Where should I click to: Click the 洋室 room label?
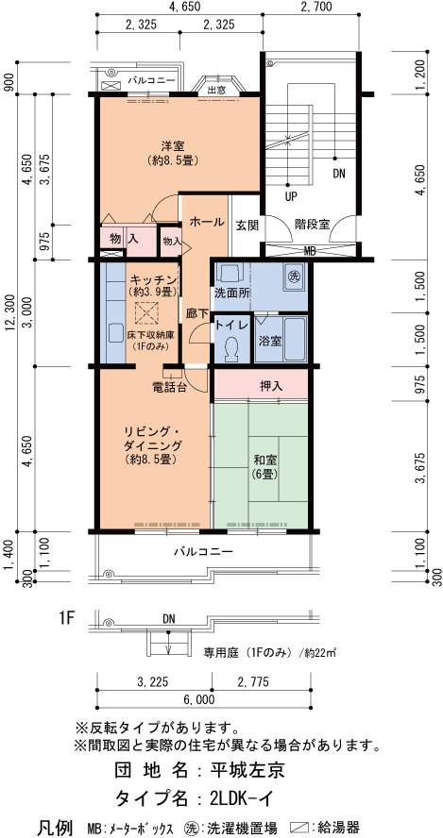(174, 144)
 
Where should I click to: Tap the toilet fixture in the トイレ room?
(232, 348)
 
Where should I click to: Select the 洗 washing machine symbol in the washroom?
(294, 277)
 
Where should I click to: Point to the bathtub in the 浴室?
(294, 340)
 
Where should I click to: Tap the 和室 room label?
(264, 458)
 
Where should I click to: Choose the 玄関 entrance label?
(247, 225)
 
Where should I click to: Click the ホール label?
(207, 221)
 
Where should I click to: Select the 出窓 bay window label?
(216, 90)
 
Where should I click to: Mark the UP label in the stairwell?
(291, 196)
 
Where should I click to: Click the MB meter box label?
(309, 251)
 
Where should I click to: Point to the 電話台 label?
(170, 389)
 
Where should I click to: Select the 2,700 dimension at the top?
(316, 7)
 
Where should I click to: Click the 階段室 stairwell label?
(312, 225)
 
